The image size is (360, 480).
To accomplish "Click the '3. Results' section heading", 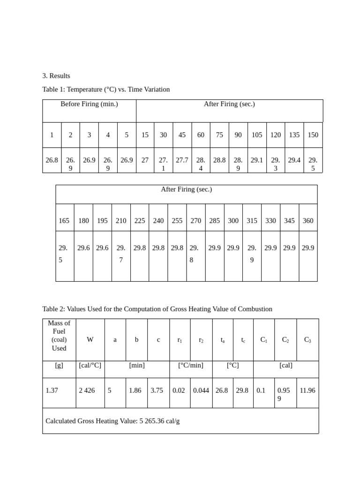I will [56, 75].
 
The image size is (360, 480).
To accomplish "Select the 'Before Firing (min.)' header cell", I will [89, 104].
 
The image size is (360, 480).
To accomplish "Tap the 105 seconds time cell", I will [257, 135].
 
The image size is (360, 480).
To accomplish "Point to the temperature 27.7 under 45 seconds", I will [182, 160].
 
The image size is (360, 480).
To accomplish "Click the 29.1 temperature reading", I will [257, 160].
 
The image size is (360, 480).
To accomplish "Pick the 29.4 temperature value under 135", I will [294, 160].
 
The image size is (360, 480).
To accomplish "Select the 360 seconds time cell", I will [308, 221].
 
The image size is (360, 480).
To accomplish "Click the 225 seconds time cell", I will [140, 221].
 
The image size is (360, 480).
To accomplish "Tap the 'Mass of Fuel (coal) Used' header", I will [59, 336].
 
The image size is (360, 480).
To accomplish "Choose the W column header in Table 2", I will [90, 340].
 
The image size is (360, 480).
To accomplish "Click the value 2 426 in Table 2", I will [87, 390].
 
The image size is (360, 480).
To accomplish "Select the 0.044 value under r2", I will [201, 390].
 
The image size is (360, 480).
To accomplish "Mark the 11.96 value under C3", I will [307, 390].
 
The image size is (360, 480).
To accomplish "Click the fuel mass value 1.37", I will [52, 390].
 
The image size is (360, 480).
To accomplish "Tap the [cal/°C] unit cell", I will [90, 366].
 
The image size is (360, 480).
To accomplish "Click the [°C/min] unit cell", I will [191, 366].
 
